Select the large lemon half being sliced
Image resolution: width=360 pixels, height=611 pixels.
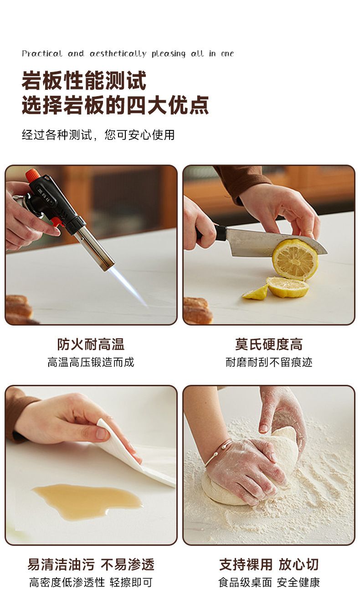[x=295, y=259]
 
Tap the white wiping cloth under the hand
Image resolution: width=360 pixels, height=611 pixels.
[x=136, y=458]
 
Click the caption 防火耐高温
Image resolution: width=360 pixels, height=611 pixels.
[x=91, y=344]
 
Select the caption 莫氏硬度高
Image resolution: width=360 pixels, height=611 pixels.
[x=269, y=344]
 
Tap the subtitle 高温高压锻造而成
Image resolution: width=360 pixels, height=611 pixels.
[x=91, y=362]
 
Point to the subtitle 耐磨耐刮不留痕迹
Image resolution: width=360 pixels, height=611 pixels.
[x=269, y=362]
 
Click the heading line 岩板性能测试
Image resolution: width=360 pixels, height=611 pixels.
[x=84, y=80]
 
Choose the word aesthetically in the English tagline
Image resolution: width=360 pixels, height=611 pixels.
[x=118, y=54]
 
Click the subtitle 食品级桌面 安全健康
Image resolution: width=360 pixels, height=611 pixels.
[x=269, y=582]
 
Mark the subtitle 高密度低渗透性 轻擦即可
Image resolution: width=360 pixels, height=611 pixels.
[x=91, y=582]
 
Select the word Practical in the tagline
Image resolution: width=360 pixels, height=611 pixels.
[x=42, y=53]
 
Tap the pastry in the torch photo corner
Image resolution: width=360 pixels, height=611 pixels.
[x=19, y=309]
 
